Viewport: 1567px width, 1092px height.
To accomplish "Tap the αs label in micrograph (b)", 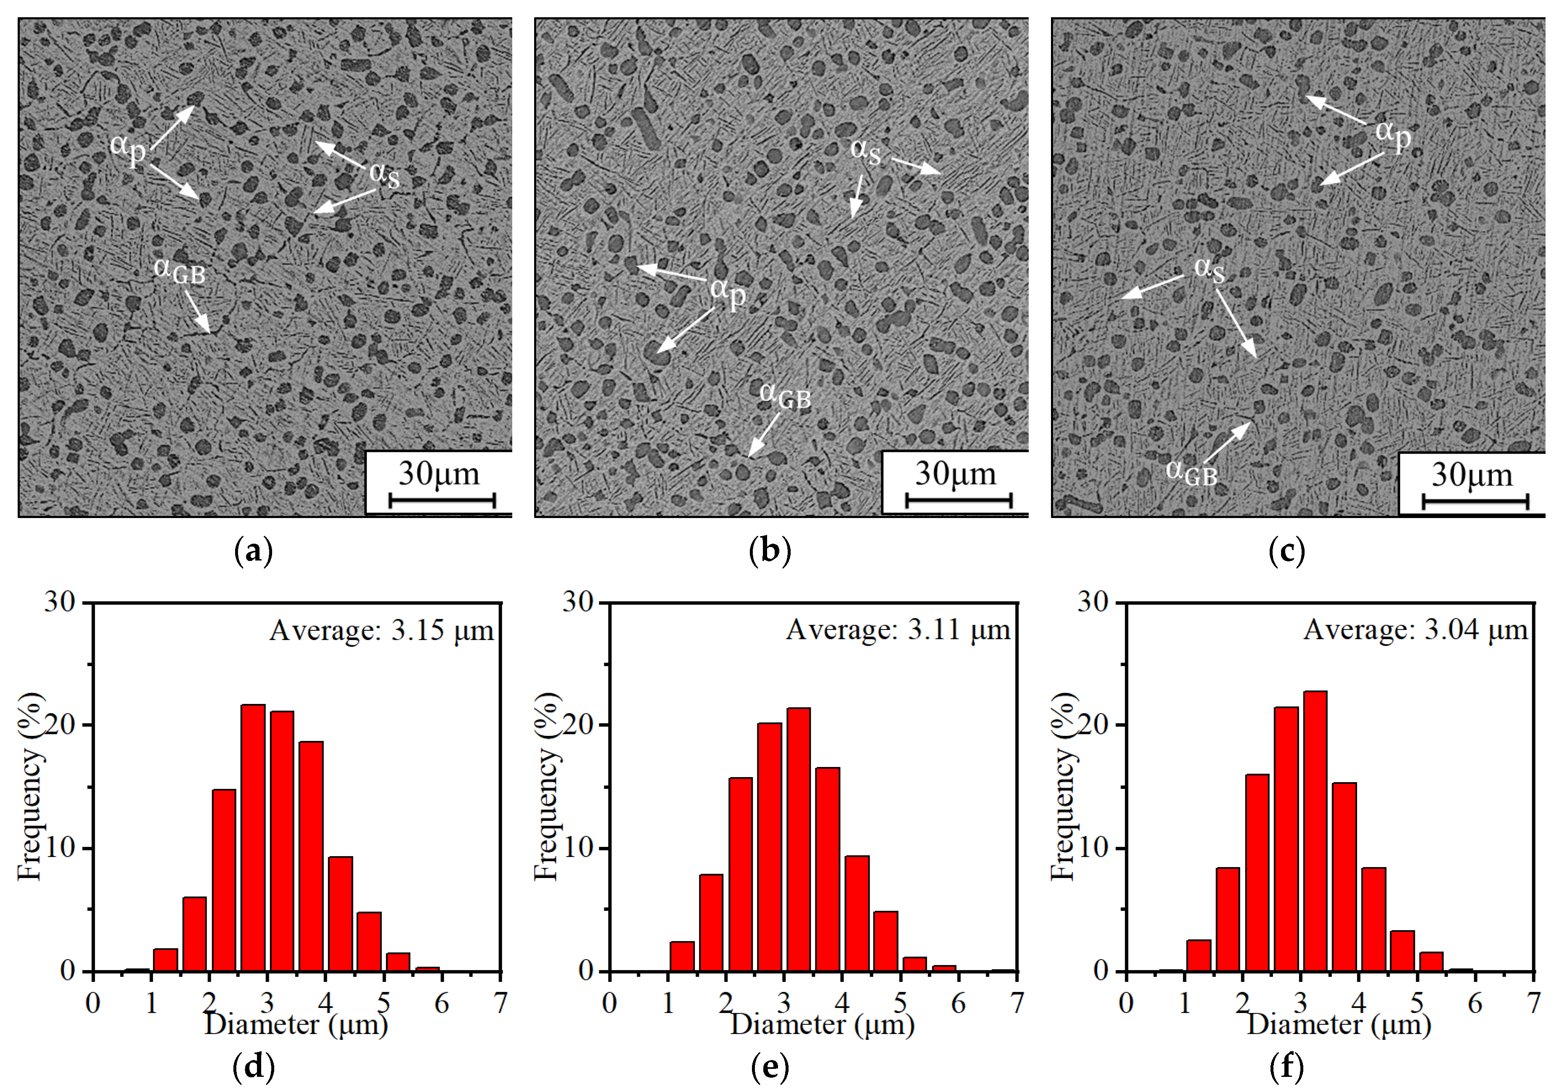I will point(866,151).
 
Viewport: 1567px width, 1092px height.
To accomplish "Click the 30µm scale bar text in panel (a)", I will point(439,473).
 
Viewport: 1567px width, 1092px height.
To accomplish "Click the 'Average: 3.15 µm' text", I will point(381,631).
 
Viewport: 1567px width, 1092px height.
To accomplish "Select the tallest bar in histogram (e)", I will point(799,839).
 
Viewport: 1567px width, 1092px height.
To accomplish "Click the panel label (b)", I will point(770,551).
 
